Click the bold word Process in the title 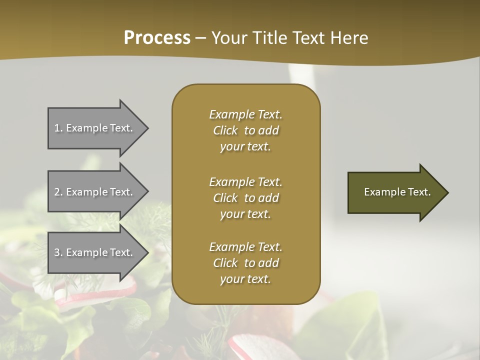[x=157, y=38]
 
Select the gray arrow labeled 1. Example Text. [x=95, y=128]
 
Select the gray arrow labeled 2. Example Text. [x=95, y=192]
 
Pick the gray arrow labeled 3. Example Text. [x=95, y=252]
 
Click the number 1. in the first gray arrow [x=58, y=128]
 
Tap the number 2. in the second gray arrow [x=58, y=192]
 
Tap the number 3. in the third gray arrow [x=58, y=252]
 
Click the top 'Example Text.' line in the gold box [x=245, y=114]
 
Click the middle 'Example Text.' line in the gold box [x=245, y=181]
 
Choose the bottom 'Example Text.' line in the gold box [x=245, y=247]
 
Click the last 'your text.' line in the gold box [x=245, y=279]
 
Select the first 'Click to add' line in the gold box [x=245, y=130]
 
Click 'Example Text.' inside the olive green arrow [x=397, y=192]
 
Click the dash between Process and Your [x=201, y=38]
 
